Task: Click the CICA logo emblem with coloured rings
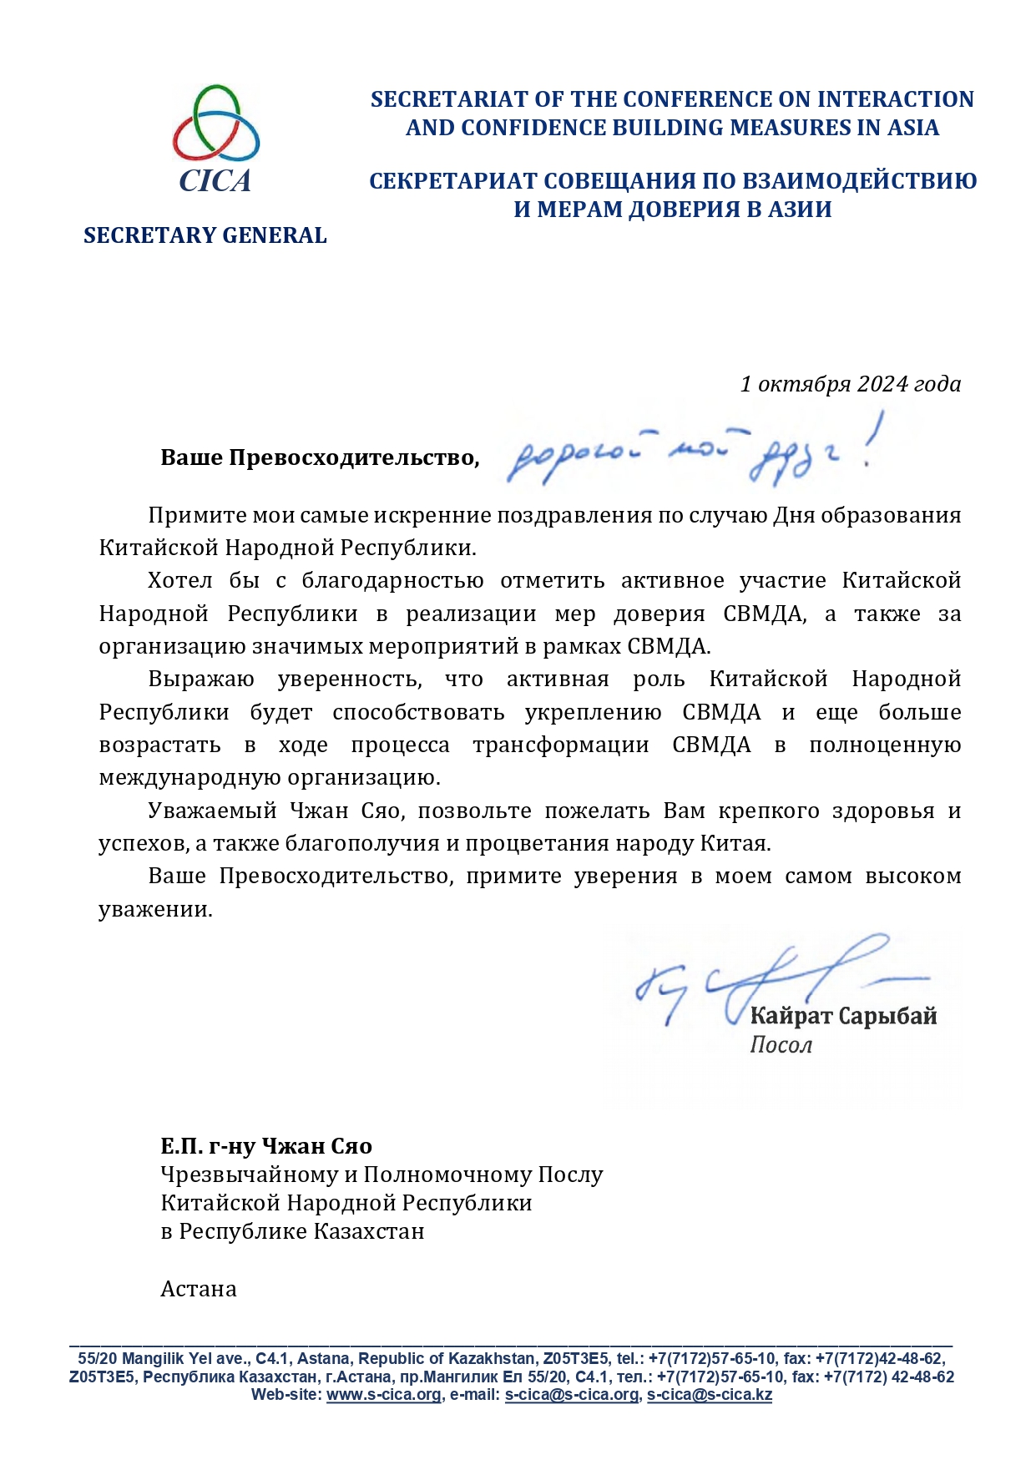(x=215, y=125)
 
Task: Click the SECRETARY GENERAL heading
(x=205, y=235)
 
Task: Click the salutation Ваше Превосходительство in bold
(x=320, y=457)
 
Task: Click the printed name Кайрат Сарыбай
(x=843, y=1016)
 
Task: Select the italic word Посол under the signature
(x=781, y=1045)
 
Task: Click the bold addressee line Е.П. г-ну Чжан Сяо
(x=266, y=1146)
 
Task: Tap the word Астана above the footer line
(x=199, y=1289)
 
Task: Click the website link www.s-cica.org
(x=383, y=1395)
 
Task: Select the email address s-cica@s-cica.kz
(x=709, y=1395)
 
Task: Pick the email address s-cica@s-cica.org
(x=572, y=1395)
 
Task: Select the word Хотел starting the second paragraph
(x=179, y=580)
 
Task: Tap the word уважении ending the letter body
(x=155, y=909)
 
